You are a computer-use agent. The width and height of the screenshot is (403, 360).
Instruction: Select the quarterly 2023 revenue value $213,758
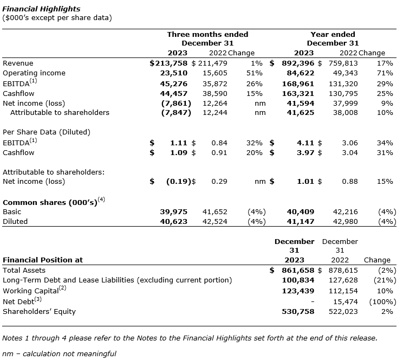coord(169,63)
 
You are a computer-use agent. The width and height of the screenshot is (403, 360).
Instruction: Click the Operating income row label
coord(34,73)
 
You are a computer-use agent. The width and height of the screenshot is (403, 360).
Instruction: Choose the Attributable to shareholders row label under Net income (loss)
coord(60,113)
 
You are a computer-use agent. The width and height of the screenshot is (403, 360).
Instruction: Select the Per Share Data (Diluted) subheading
coord(47,132)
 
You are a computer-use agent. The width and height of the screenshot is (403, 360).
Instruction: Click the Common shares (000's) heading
coord(50,202)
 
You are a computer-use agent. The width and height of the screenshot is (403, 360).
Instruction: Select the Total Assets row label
coord(24,270)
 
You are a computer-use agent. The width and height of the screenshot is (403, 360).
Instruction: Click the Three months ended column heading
coord(207,34)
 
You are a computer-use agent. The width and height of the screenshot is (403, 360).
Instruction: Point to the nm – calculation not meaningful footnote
coord(59,353)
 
